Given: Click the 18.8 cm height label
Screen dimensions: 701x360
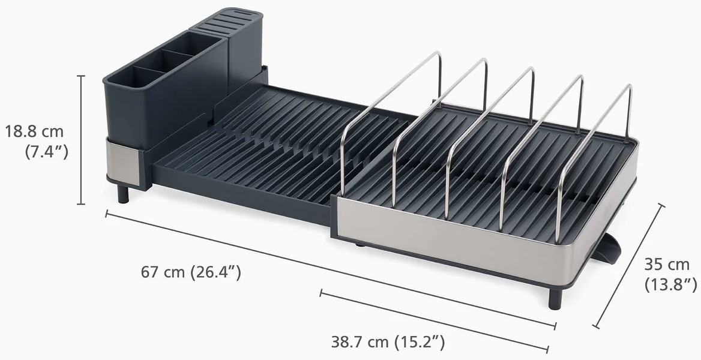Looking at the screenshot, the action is click(34, 131).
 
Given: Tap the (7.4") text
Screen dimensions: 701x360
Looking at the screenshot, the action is click(46, 152).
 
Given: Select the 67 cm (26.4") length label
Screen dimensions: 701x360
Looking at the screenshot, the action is click(191, 271).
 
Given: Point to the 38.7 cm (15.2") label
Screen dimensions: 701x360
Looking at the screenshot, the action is click(388, 343).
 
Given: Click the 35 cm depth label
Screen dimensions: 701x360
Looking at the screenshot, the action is click(667, 264).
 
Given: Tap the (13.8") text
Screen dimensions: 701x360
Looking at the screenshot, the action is click(670, 284).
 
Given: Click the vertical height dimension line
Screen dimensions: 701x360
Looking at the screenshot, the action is click(81, 140).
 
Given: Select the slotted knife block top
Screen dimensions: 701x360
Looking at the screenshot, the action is click(220, 22).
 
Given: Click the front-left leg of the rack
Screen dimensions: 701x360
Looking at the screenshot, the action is click(122, 194).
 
